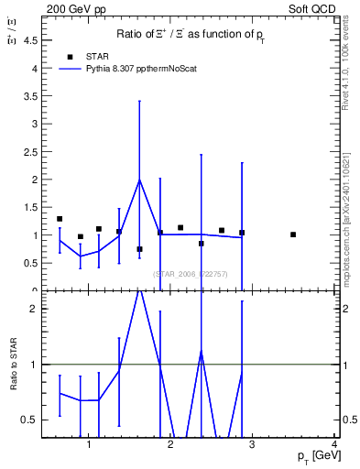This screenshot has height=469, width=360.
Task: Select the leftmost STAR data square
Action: (x=60, y=219)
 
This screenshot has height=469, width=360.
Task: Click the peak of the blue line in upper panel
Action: (x=139, y=180)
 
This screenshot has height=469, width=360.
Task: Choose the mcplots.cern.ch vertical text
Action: (x=345, y=202)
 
